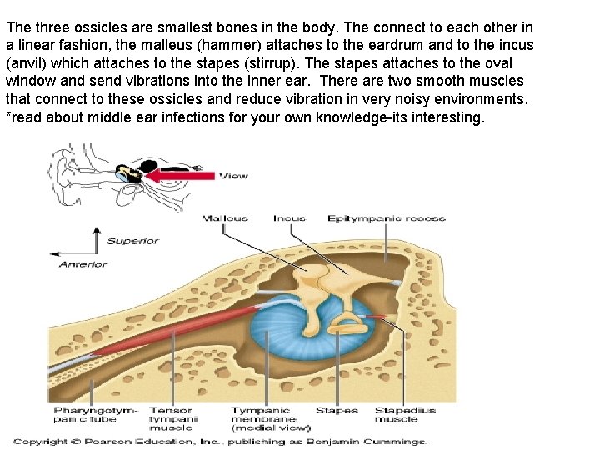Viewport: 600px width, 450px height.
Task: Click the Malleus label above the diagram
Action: (224, 218)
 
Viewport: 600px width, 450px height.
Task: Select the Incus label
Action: (289, 218)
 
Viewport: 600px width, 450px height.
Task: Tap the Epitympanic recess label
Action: (386, 218)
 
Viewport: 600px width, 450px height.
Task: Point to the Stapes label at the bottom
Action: (337, 410)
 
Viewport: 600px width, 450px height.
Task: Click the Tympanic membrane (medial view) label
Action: (264, 418)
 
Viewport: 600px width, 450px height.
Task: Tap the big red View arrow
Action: (179, 176)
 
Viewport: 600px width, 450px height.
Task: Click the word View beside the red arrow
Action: (233, 176)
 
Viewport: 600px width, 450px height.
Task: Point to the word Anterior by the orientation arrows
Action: (82, 264)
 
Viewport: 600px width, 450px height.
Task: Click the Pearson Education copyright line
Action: (221, 441)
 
